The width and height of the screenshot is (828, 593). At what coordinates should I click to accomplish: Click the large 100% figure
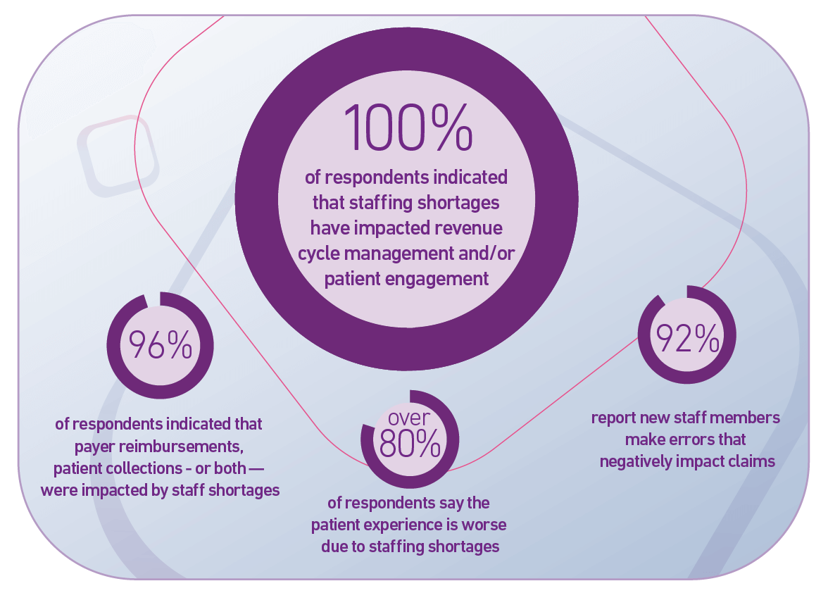(x=408, y=127)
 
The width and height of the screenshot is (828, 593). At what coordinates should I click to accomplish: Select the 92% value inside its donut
(x=687, y=339)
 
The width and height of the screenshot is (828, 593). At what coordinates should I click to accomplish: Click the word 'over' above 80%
(x=409, y=417)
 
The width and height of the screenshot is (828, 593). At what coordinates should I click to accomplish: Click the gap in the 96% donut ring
(x=153, y=299)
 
